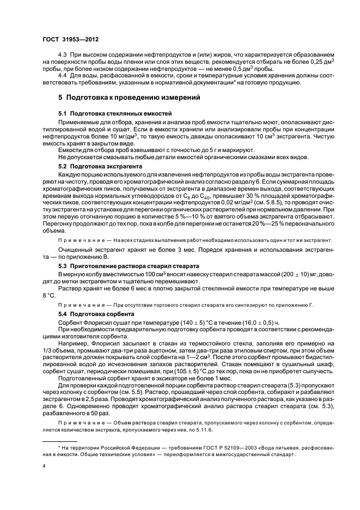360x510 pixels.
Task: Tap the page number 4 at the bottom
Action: [44, 466]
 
